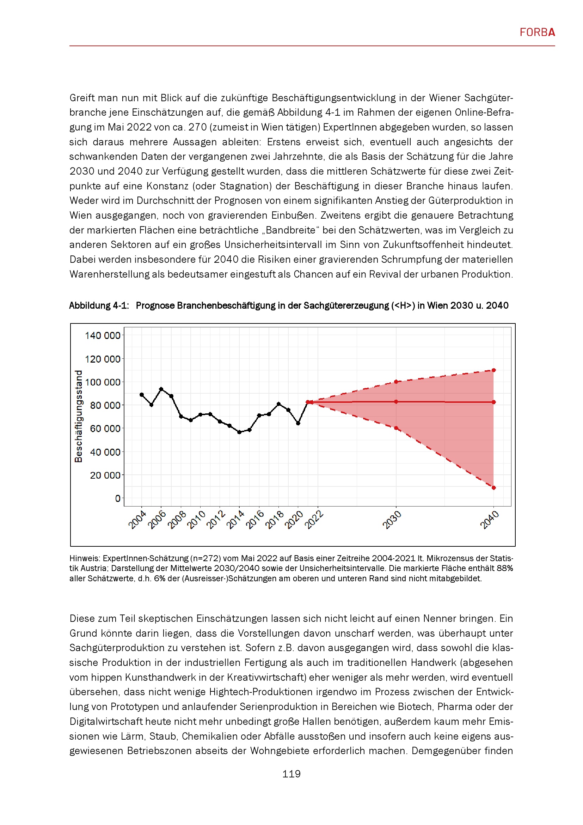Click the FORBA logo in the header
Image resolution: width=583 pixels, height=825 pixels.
point(537,32)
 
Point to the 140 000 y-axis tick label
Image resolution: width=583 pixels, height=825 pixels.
point(102,335)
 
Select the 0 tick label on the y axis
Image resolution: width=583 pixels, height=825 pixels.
point(117,498)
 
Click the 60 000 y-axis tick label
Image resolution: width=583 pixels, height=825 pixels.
point(105,429)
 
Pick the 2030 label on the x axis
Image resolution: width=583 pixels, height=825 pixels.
point(392,520)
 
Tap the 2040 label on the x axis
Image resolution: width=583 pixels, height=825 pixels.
point(489,520)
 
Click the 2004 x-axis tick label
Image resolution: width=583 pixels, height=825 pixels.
point(137,520)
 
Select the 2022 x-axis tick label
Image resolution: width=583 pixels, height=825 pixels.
point(314,520)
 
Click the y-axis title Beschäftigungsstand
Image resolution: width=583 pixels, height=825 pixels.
point(78,416)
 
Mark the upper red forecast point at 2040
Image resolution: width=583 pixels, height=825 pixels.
point(493,370)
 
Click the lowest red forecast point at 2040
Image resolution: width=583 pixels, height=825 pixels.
point(493,487)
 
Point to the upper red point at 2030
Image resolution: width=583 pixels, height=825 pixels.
point(396,382)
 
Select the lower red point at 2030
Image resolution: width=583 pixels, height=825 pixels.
point(396,428)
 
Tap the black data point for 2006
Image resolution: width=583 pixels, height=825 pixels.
point(161,389)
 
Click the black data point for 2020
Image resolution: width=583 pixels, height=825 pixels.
point(298,423)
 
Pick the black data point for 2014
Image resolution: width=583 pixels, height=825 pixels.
point(239,432)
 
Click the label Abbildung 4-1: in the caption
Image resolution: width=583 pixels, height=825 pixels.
point(99,305)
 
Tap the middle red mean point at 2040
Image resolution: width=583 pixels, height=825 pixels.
point(493,402)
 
